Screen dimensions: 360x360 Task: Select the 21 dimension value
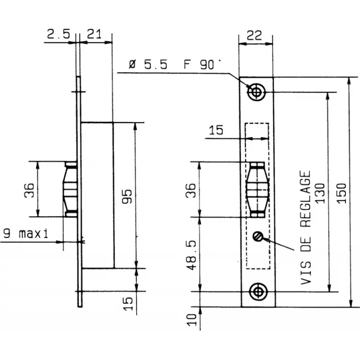point(94,34)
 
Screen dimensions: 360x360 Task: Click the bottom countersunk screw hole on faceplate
point(258,291)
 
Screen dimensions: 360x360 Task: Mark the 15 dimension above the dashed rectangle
point(216,130)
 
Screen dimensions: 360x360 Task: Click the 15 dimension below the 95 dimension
point(128,302)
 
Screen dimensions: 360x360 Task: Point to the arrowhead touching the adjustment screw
point(263,239)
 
